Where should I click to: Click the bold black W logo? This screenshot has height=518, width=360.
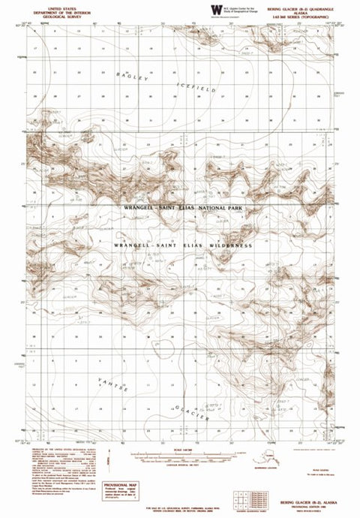click(216, 10)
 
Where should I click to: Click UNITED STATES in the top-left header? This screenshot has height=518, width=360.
click(52, 5)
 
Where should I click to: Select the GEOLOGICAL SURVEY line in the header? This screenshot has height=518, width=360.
click(52, 14)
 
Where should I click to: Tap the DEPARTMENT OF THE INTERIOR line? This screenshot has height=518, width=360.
click(52, 9)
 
